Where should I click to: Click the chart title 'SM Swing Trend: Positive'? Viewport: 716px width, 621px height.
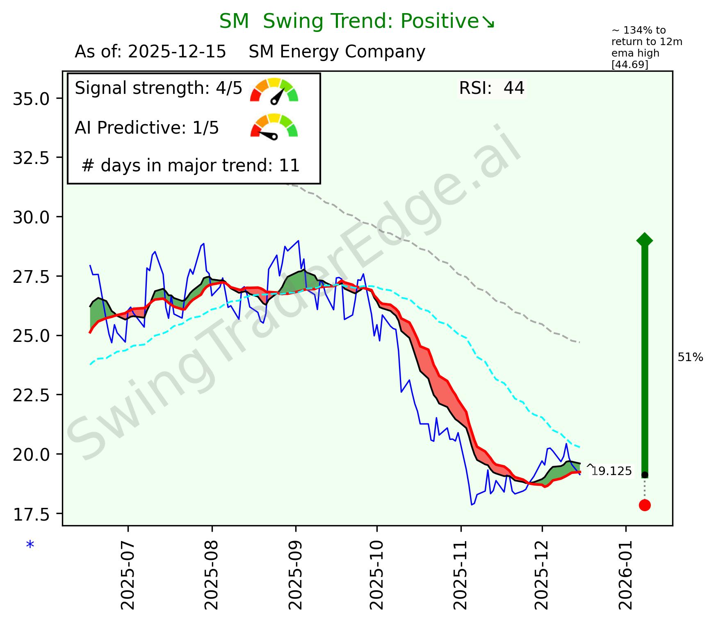(357, 22)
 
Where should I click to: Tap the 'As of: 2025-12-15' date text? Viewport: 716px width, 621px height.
(150, 52)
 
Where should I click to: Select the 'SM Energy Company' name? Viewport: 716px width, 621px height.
(337, 52)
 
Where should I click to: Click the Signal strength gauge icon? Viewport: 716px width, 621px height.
(274, 91)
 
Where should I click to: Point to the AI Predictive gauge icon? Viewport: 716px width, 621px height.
(274, 127)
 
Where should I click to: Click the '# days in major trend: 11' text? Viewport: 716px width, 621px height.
(191, 166)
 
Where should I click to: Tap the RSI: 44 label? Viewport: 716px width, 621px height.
(491, 88)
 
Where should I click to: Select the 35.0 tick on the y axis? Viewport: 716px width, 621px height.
(31, 99)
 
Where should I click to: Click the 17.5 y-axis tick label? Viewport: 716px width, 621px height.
(31, 514)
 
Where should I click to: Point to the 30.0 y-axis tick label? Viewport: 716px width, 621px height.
(31, 217)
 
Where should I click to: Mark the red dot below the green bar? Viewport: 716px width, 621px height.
(644, 505)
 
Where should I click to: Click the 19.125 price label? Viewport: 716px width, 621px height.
(611, 471)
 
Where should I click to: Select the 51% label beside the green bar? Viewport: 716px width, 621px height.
(690, 358)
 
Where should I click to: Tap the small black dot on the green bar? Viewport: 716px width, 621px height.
(645, 475)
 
